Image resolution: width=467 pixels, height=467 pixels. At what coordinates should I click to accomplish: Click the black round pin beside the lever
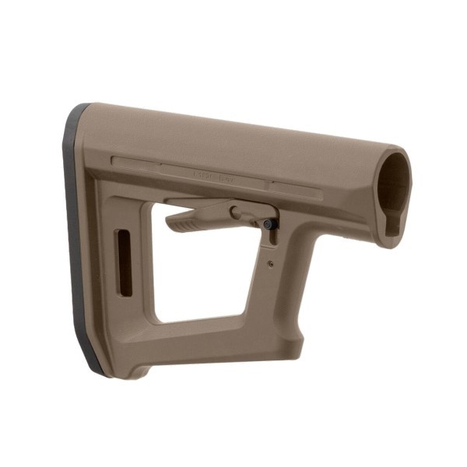tap(269, 223)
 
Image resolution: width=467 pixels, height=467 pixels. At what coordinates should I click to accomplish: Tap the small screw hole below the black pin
tap(270, 264)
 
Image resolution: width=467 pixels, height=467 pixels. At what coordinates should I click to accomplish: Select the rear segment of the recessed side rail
tap(136, 162)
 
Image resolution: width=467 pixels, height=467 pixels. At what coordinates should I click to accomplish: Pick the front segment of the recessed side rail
tap(296, 187)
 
